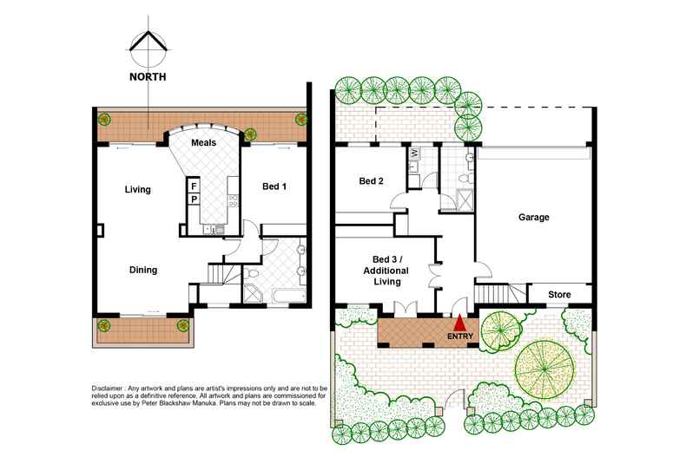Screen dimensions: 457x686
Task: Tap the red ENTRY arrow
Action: click(460, 325)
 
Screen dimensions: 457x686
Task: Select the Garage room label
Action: click(533, 217)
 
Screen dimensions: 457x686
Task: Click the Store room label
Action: click(559, 295)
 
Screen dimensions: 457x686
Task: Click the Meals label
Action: click(203, 142)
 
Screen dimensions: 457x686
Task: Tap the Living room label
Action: click(138, 189)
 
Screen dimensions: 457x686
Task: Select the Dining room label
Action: click(143, 270)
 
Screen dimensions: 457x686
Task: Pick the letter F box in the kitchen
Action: click(194, 186)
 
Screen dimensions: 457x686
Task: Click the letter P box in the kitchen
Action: click(194, 199)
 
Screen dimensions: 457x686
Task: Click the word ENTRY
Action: click(460, 336)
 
